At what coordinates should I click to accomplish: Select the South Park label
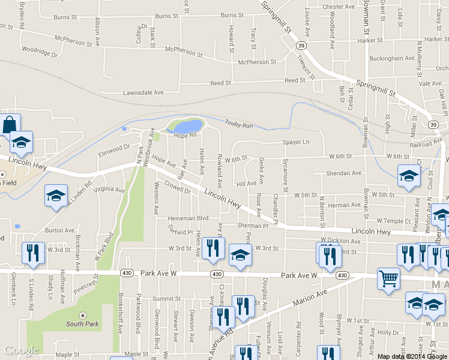(82, 324)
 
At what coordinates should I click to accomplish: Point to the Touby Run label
(240, 124)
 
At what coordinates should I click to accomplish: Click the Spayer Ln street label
(296, 142)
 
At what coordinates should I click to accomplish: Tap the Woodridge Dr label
(39, 52)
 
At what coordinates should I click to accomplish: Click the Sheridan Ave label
(343, 173)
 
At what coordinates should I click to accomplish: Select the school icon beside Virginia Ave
(56, 196)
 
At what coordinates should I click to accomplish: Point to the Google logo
(21, 351)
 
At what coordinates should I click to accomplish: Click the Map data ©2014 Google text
(412, 356)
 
